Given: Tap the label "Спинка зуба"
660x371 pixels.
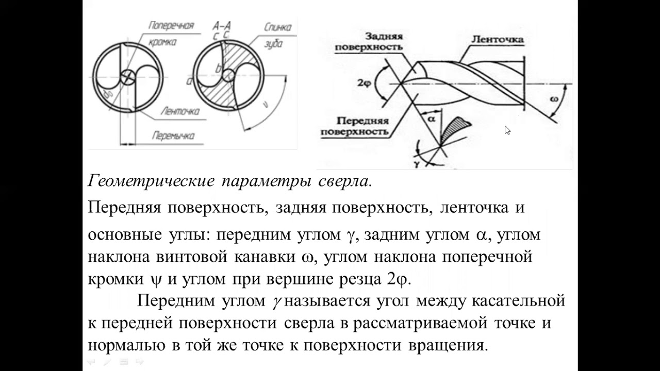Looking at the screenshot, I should point(277,35).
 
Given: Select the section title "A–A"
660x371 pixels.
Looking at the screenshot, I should point(221,25).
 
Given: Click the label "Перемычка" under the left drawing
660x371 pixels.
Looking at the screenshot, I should point(173,136).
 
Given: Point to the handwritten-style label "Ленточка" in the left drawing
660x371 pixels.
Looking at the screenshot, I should point(180,111).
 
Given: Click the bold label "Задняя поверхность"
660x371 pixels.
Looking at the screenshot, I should point(369,42).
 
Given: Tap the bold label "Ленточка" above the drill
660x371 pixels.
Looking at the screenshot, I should point(498,39).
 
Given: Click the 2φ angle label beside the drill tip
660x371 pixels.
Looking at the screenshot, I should point(362,82).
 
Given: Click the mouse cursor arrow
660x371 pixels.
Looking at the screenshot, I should point(507,130).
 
